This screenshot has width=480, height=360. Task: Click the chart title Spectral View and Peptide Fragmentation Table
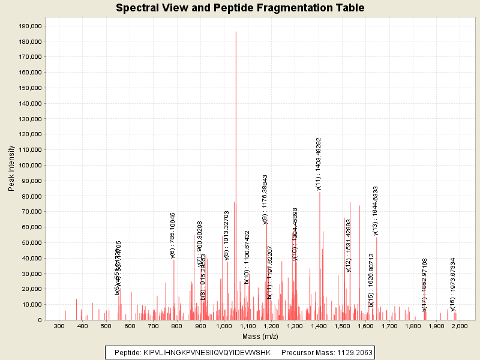pos(240,8)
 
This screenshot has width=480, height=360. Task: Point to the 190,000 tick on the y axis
pos(29,26)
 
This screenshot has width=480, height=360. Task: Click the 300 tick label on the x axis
pos(59,326)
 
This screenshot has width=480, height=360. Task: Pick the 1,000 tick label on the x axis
pos(224,326)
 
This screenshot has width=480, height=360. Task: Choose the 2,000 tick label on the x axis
pos(460,326)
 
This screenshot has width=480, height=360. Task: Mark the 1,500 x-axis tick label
pos(342,326)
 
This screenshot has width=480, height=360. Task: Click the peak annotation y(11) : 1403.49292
pos(319,164)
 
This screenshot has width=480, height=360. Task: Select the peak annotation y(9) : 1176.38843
pos(265,199)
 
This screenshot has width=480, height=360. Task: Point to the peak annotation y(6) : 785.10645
pos(173,235)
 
